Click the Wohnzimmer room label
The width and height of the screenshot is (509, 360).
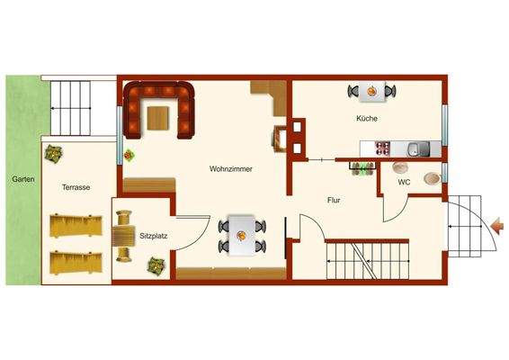(230, 168)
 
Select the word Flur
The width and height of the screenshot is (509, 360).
(333, 202)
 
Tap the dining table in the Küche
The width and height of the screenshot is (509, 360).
(371, 90)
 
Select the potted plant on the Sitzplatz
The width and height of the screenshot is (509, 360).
(155, 265)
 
